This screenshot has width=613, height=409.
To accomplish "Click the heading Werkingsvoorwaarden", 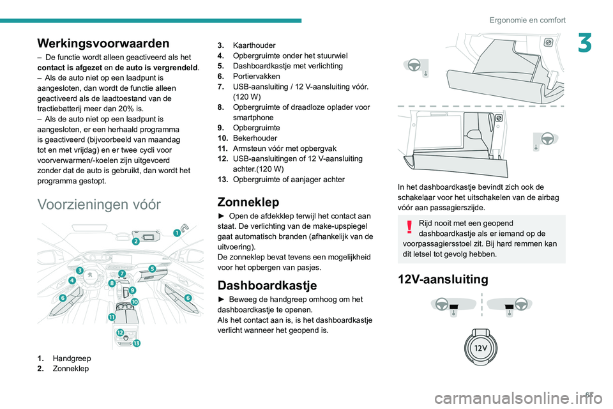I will tap(103, 43).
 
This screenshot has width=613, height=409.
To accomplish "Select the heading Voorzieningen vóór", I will tap(100, 204).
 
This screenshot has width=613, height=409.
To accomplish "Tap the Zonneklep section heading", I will tap(248, 201).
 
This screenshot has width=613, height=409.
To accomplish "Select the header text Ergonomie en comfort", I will tap(527, 20).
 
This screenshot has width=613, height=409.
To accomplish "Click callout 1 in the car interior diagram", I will tap(177, 233).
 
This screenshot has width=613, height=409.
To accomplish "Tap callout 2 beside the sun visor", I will tap(135, 242).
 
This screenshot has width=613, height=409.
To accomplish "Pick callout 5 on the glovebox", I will tap(153, 268).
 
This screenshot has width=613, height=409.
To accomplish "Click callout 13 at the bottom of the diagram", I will tap(137, 343).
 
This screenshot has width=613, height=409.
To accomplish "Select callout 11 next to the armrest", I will tap(112, 317).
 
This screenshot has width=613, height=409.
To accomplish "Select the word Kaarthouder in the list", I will tap(254, 45).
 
